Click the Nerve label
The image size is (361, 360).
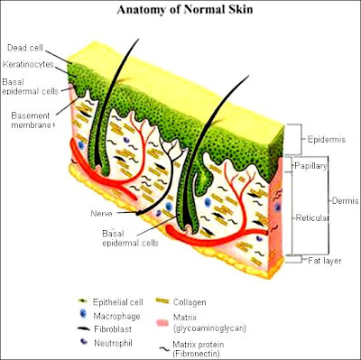tap(102, 213)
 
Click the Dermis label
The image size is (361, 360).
tap(344, 199)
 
